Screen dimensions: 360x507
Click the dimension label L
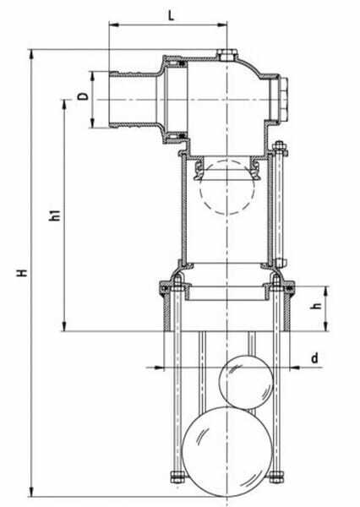[171, 14]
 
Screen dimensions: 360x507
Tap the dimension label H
[22, 272]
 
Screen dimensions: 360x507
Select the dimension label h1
[55, 215]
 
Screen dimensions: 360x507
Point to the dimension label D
[83, 95]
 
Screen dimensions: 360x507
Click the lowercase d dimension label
[314, 357]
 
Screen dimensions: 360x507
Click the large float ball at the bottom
[227, 452]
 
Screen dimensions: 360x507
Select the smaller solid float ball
[246, 382]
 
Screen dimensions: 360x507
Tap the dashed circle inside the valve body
[227, 188]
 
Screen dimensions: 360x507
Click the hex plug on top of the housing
[227, 55]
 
